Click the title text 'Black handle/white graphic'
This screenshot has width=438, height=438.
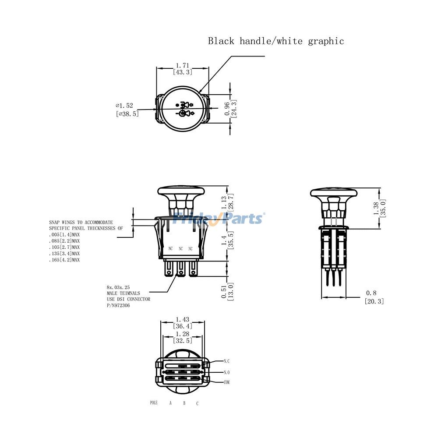[x=276, y=41]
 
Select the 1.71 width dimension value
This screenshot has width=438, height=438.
[x=183, y=65]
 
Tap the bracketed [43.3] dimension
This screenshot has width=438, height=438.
[x=183, y=72]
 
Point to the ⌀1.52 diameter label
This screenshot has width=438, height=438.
[x=124, y=106]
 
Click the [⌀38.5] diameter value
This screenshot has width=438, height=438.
[x=127, y=113]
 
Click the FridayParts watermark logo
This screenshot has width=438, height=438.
[x=218, y=218]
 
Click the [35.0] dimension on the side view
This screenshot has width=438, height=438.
[x=383, y=208]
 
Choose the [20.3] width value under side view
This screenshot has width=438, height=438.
[x=374, y=301]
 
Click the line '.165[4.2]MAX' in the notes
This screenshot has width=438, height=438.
[x=64, y=260]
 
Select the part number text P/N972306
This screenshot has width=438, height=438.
[x=118, y=305]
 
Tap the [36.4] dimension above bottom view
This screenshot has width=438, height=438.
[x=183, y=326]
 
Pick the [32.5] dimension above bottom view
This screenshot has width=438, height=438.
[x=183, y=340]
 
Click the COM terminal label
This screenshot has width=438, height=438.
[x=226, y=382]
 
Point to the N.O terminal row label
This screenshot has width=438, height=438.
[x=226, y=372]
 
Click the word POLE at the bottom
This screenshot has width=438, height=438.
[x=153, y=403]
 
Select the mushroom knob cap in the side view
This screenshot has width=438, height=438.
[x=333, y=193]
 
